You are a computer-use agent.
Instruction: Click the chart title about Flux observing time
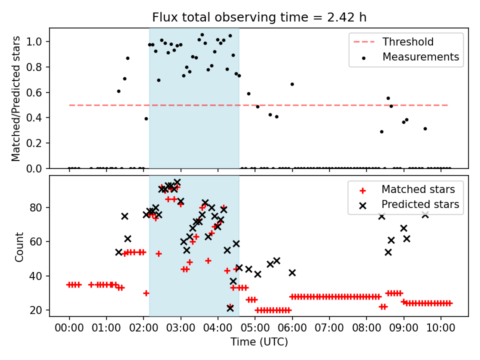pyautogui.click(x=259, y=17)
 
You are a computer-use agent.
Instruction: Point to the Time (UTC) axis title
pyautogui.click(x=259, y=342)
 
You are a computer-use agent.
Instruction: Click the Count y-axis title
pyautogui.click(x=19, y=247)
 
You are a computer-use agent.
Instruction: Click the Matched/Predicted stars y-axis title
pyautogui.click(x=16, y=98)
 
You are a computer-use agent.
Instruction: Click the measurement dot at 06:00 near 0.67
pyautogui.click(x=292, y=84)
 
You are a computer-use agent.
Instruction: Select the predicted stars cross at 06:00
pyautogui.click(x=292, y=272)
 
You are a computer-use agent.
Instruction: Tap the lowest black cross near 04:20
pyautogui.click(x=230, y=308)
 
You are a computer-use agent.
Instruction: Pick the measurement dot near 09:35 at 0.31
pyautogui.click(x=425, y=128)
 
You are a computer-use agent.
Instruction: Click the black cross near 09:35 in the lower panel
pyautogui.click(x=425, y=214)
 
